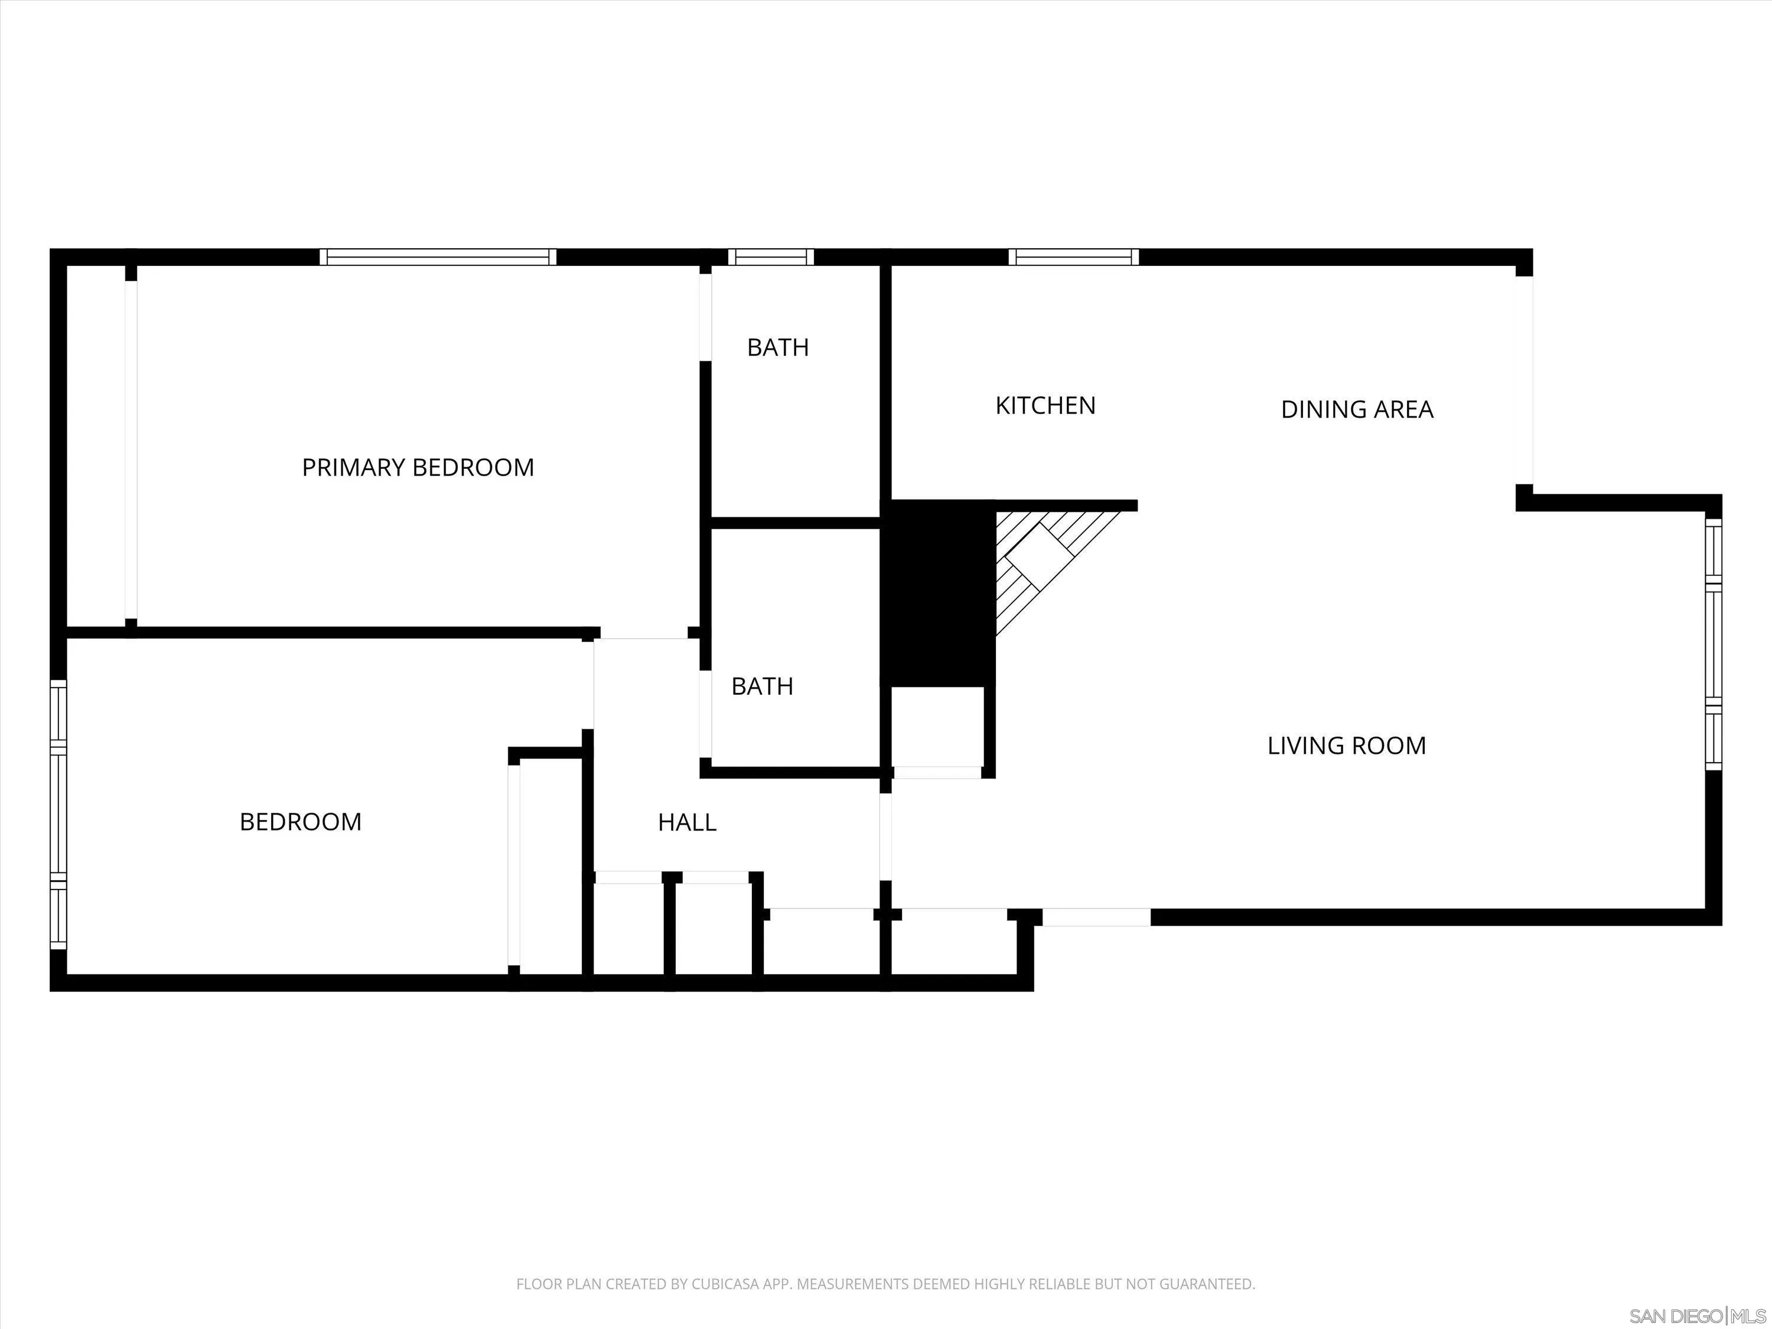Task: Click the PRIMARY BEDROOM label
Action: click(x=418, y=467)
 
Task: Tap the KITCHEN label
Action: click(x=1045, y=405)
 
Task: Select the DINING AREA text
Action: click(x=1356, y=409)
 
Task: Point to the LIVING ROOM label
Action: click(x=1346, y=746)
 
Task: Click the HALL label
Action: click(x=686, y=822)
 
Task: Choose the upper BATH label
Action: click(x=777, y=348)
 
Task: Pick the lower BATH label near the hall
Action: click(x=762, y=686)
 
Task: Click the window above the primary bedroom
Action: click(x=438, y=257)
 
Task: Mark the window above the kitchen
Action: click(x=1073, y=257)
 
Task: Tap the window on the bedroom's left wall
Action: click(x=58, y=814)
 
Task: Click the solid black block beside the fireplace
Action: click(x=937, y=593)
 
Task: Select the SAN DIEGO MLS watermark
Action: click(x=1697, y=1316)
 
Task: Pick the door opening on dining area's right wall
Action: click(x=1523, y=380)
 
